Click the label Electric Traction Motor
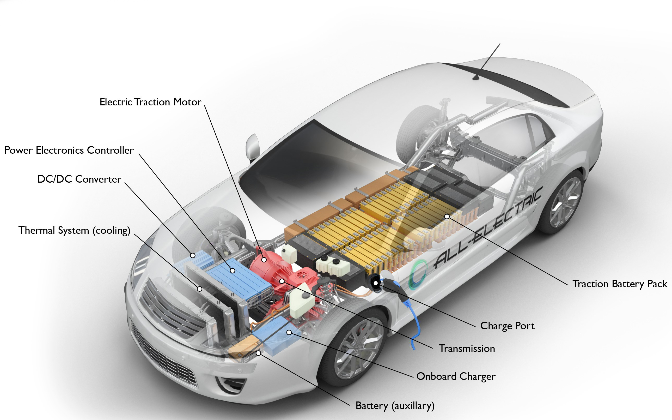[150, 102]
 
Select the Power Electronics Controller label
[69, 150]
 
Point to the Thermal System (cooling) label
[74, 230]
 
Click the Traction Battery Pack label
[620, 284]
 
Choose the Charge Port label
[507, 326]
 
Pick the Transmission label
[467, 348]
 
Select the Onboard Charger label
[455, 376]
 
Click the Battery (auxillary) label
[395, 406]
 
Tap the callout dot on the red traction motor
[264, 260]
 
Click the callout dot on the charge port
[376, 283]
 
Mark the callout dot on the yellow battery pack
[447, 216]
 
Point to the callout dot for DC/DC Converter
[193, 255]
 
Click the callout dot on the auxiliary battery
[258, 353]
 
